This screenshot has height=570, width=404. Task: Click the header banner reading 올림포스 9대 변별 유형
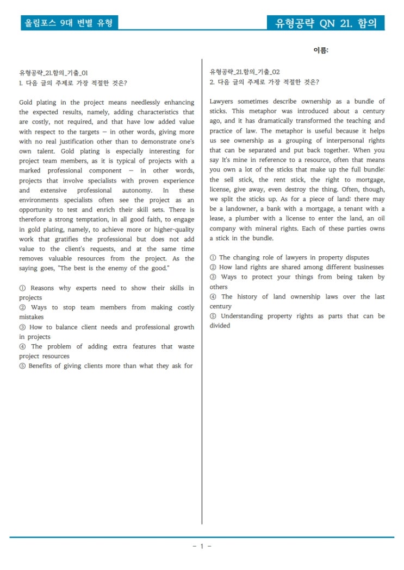[x=69, y=23]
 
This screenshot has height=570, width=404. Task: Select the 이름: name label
[x=321, y=50]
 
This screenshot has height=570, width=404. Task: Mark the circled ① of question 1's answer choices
[x=22, y=288]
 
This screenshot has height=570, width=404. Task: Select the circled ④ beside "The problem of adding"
[x=22, y=347]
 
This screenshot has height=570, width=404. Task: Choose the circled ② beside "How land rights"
[x=213, y=268]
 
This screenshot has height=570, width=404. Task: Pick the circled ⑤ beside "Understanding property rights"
[x=213, y=316]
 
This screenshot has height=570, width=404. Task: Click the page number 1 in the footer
[x=202, y=546]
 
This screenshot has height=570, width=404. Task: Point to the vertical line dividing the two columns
[x=202, y=293]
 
